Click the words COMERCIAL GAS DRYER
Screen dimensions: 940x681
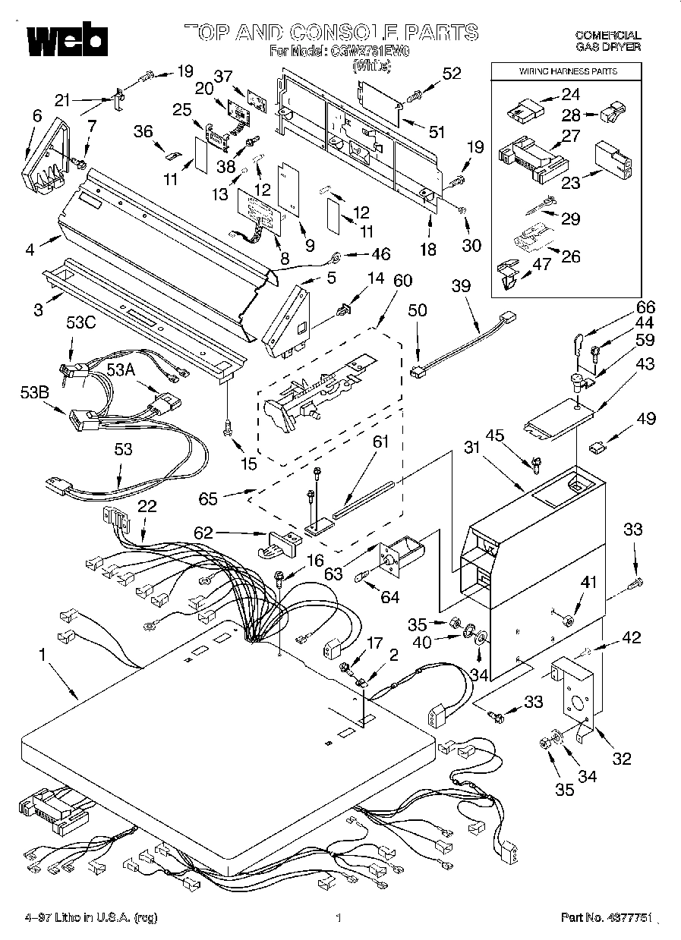(607, 41)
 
